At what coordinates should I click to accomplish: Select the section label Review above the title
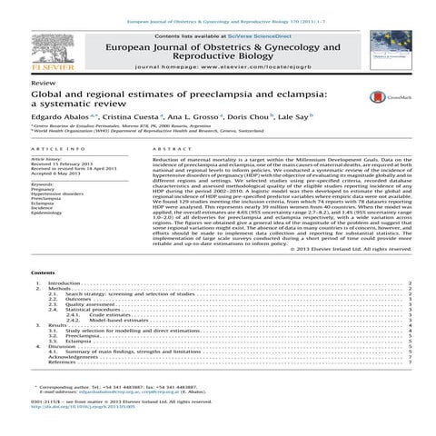(43, 82)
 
